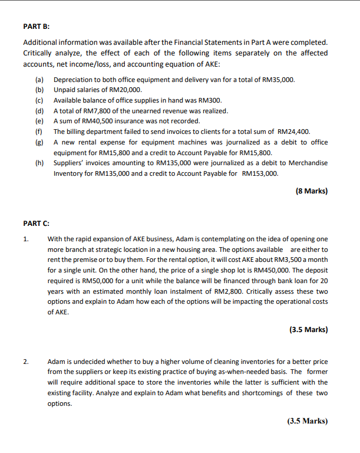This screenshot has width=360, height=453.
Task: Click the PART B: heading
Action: tap(36, 27)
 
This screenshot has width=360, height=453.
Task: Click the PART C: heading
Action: tap(36, 224)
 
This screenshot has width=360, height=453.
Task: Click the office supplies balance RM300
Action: tap(210, 100)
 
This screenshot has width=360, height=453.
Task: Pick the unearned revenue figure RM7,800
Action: tap(95, 111)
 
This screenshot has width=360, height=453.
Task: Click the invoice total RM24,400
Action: tap(293, 132)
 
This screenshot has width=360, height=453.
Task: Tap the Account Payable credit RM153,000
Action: tap(260, 174)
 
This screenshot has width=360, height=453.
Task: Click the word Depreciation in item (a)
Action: tap(73, 79)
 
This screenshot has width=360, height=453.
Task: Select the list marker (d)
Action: tap(39, 111)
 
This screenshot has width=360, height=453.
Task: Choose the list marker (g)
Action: tap(39, 142)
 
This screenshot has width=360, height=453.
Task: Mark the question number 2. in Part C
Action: tap(25, 361)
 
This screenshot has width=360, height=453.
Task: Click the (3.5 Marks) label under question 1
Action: tap(308, 330)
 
